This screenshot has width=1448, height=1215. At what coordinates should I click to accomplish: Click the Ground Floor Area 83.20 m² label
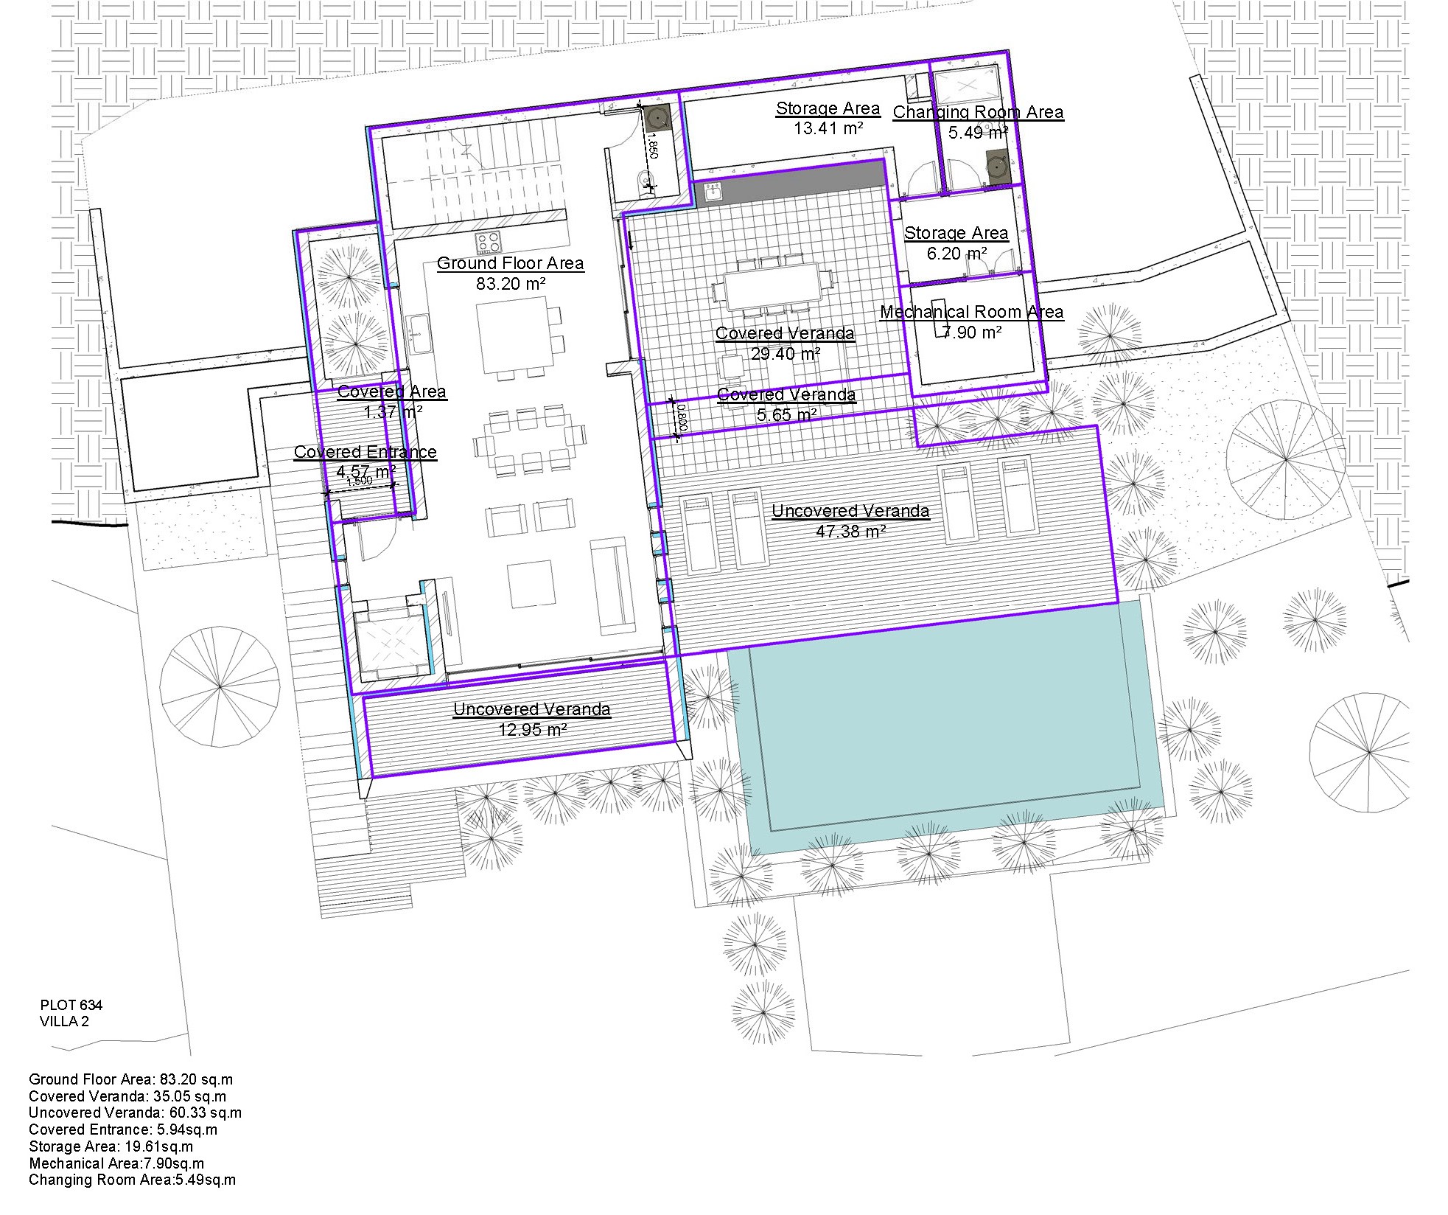pyautogui.click(x=510, y=274)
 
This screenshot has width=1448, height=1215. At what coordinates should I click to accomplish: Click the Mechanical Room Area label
pyautogui.click(x=971, y=312)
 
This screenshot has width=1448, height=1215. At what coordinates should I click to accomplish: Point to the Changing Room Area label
pyautogui.click(x=978, y=112)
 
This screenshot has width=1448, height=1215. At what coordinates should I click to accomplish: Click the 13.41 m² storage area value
pyautogui.click(x=828, y=128)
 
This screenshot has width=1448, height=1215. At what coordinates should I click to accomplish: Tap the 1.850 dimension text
pyautogui.click(x=651, y=145)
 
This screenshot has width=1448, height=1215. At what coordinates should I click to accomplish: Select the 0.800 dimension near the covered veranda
pyautogui.click(x=682, y=417)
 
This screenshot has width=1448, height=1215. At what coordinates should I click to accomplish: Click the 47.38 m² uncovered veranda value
pyautogui.click(x=850, y=531)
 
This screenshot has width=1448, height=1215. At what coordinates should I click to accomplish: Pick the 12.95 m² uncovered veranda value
pyautogui.click(x=532, y=730)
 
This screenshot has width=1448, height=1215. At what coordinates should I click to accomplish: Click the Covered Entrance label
pyautogui.click(x=365, y=452)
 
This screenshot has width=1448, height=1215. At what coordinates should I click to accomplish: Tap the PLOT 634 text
pyautogui.click(x=71, y=1005)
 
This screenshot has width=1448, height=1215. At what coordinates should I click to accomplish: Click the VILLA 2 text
pyautogui.click(x=64, y=1021)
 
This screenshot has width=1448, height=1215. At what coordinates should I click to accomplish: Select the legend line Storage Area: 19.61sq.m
pyautogui.click(x=111, y=1146)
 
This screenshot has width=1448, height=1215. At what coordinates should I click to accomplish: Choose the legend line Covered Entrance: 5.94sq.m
pyautogui.click(x=123, y=1129)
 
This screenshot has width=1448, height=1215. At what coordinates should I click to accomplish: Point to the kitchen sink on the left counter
pyautogui.click(x=419, y=334)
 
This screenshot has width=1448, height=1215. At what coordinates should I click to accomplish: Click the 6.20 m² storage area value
pyautogui.click(x=956, y=254)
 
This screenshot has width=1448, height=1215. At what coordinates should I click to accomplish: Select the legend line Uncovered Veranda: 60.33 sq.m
pyautogui.click(x=135, y=1113)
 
